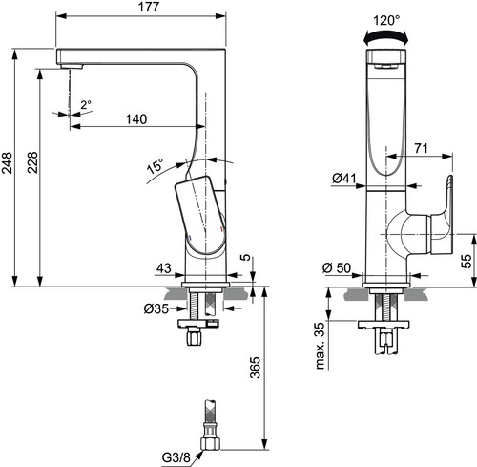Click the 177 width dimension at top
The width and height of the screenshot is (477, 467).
149,7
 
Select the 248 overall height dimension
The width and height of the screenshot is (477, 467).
7,163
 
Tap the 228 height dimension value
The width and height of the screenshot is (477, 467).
32,162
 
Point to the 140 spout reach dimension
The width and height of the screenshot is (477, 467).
136,119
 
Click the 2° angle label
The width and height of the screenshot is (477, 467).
86,105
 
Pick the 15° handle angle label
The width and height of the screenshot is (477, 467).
156,165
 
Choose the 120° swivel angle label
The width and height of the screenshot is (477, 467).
386,21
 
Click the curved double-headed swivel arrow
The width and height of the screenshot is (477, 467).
385,36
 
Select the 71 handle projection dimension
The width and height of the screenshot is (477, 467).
421,148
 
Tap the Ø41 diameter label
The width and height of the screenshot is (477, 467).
344,179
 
